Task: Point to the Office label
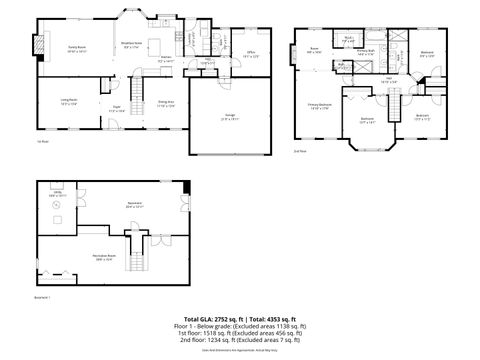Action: tap(253, 55)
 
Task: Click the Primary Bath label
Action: tap(366, 53)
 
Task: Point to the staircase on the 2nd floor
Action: tap(398, 102)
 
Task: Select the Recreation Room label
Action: tap(95, 257)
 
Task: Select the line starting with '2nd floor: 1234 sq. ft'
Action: tap(240, 341)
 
